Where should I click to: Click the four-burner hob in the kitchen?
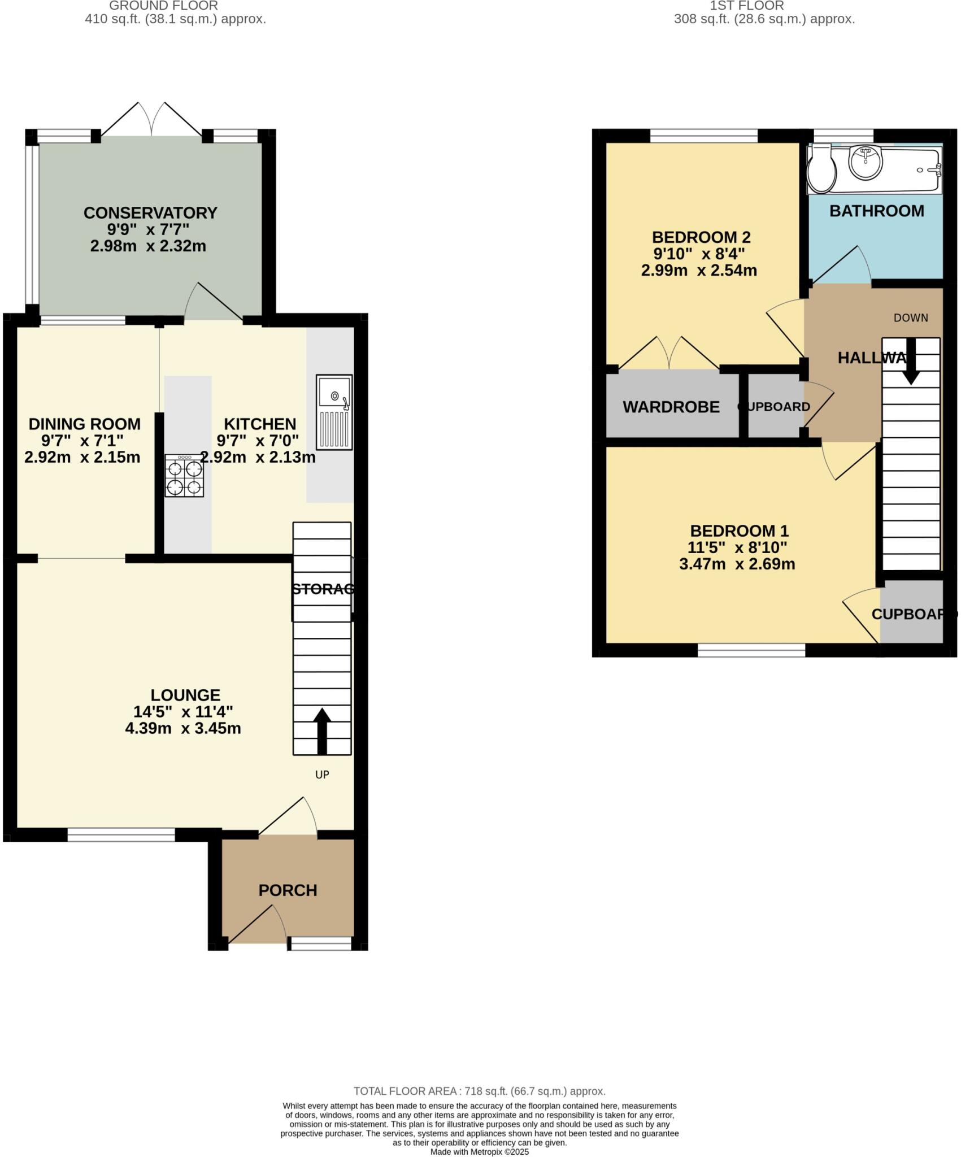[184, 476]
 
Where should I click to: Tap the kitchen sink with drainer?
[334, 412]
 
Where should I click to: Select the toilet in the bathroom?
[821, 168]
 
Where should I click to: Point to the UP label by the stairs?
[322, 775]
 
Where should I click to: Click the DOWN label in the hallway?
[911, 317]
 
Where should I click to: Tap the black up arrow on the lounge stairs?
[322, 731]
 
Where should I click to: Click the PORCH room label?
[288, 890]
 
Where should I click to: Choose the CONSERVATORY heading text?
[150, 213]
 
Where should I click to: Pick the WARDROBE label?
[671, 407]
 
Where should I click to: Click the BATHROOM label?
[876, 211]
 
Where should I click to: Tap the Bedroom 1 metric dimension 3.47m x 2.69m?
[737, 564]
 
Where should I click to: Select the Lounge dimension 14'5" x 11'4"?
[183, 711]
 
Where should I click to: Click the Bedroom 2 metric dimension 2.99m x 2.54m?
[699, 271]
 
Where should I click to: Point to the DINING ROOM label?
[84, 424]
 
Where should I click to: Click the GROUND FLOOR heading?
[163, 6]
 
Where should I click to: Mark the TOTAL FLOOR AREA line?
[479, 1091]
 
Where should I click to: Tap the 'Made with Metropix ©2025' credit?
[479, 1151]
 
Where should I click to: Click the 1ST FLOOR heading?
[746, 6]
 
